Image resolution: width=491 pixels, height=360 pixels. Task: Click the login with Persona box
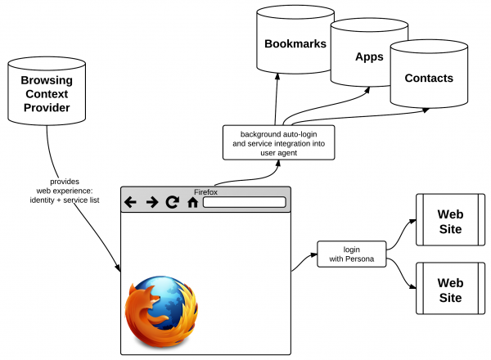tap(350, 254)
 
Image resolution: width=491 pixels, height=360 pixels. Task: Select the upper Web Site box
tap(450, 221)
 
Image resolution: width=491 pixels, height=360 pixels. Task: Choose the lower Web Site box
tap(450, 289)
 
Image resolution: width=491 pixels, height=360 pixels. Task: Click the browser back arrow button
tap(130, 202)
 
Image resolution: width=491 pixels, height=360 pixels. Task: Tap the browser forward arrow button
tap(151, 202)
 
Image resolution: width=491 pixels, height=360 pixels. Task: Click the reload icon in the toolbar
tap(172, 202)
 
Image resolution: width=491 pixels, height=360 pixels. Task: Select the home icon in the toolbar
tap(192, 202)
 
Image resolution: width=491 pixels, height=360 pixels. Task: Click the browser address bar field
tap(244, 202)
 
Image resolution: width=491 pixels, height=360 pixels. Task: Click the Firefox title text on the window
tap(206, 191)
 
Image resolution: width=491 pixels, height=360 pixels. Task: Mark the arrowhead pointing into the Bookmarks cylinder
tap(277, 79)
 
